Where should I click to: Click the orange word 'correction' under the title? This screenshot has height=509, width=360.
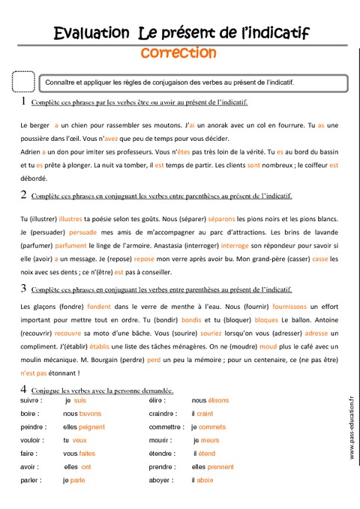tap(178, 53)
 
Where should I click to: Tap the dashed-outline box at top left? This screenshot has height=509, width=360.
tap(24, 82)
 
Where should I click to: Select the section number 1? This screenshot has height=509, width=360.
tap(23, 100)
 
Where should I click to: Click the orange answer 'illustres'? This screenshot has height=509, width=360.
tap(70, 218)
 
